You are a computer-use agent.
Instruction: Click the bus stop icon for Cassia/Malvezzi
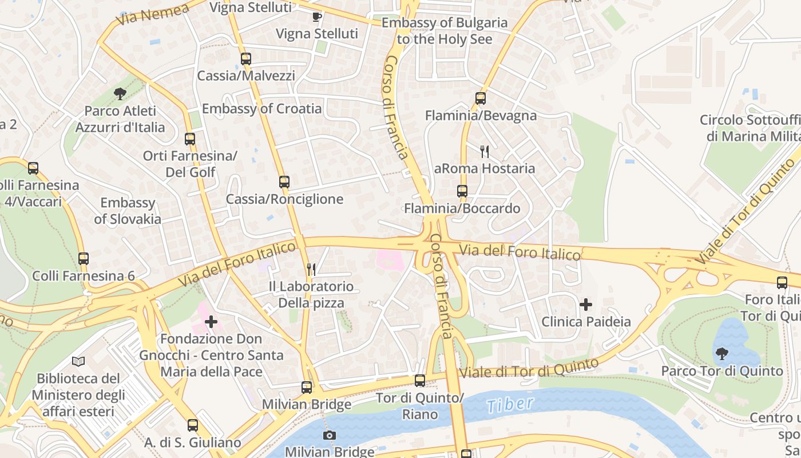[246, 58]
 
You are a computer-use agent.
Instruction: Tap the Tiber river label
[510, 404]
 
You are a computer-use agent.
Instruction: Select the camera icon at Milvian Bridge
[329, 436]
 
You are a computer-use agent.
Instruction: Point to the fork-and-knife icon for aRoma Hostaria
[485, 151]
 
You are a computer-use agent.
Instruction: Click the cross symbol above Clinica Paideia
[586, 305]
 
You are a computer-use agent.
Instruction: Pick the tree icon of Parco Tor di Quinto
[722, 354]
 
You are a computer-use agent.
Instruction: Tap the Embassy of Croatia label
[261, 109]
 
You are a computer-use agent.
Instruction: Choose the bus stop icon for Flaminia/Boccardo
[462, 191]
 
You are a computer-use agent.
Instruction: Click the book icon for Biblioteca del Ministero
[78, 361]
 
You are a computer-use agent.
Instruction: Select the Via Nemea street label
[152, 14]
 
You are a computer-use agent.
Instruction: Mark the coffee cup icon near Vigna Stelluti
[317, 17]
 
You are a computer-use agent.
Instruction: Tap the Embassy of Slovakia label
[128, 211]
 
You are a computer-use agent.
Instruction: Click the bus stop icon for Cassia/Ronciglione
[284, 182]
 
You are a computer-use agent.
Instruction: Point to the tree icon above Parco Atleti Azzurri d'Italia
[120, 93]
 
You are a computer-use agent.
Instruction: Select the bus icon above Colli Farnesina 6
[84, 259]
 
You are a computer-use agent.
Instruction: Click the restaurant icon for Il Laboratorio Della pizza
[311, 269]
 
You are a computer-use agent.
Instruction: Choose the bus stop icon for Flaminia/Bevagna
[481, 98]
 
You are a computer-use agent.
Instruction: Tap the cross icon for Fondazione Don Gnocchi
[211, 322]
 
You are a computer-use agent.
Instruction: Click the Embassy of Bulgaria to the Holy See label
[445, 31]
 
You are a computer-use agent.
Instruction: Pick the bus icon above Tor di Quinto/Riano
[420, 381]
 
